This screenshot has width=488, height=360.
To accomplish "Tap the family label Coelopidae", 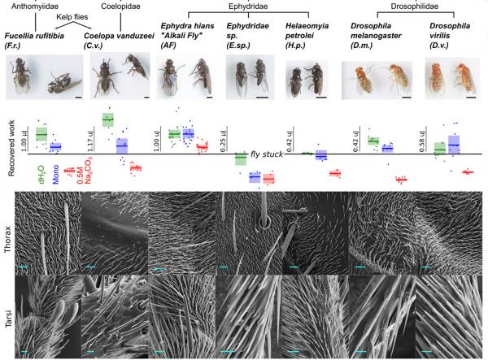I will coord(105,7).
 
